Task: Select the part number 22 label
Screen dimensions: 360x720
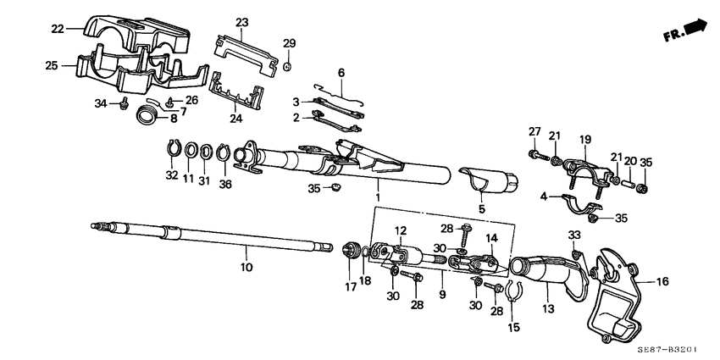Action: click(58, 30)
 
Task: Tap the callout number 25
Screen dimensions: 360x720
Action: click(50, 65)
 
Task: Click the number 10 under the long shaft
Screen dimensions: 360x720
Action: click(246, 268)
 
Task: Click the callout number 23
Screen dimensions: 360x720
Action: click(242, 23)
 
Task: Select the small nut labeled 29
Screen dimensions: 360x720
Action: click(288, 65)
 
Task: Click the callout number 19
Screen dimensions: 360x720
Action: click(584, 138)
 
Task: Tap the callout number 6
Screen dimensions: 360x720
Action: click(341, 74)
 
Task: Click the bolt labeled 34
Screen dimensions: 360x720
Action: click(125, 104)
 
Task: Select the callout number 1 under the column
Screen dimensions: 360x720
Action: click(378, 196)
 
